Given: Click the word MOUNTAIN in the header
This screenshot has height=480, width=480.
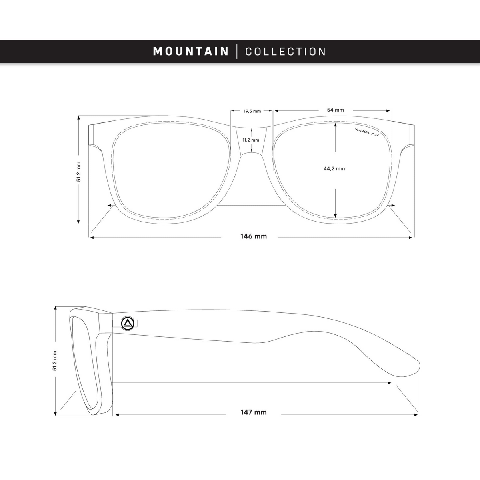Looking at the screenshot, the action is (191, 51).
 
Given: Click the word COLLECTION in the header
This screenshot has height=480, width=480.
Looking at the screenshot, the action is (286, 52).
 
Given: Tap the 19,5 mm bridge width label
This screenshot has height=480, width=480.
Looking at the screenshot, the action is (252, 111).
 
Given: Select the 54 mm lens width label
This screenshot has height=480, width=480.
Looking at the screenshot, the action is (335, 110).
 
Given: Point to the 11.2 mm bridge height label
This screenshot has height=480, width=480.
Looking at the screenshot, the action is (251, 140).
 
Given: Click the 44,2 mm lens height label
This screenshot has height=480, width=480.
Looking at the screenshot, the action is (334, 169).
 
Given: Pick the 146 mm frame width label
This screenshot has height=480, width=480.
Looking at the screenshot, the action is (254, 236).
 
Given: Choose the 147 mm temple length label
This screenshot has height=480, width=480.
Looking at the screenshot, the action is (254, 412).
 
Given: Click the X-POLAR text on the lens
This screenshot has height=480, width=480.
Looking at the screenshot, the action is (366, 132).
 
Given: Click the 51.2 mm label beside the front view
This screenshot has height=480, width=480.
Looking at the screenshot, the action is (79, 172).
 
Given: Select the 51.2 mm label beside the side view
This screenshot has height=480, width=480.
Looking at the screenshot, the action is (55, 361).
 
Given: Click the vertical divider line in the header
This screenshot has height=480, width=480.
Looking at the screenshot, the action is (237, 51).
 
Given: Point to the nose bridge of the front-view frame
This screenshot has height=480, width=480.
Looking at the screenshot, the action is (252, 140).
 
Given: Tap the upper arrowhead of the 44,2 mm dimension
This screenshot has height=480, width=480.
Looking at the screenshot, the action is (336, 125).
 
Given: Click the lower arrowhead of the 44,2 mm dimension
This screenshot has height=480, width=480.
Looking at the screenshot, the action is (336, 216).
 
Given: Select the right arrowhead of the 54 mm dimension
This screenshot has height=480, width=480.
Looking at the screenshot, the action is (388, 110).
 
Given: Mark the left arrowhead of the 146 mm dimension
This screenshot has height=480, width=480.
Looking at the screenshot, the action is (92, 238).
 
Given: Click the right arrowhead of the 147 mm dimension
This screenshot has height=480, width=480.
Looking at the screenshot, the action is (416, 415).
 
